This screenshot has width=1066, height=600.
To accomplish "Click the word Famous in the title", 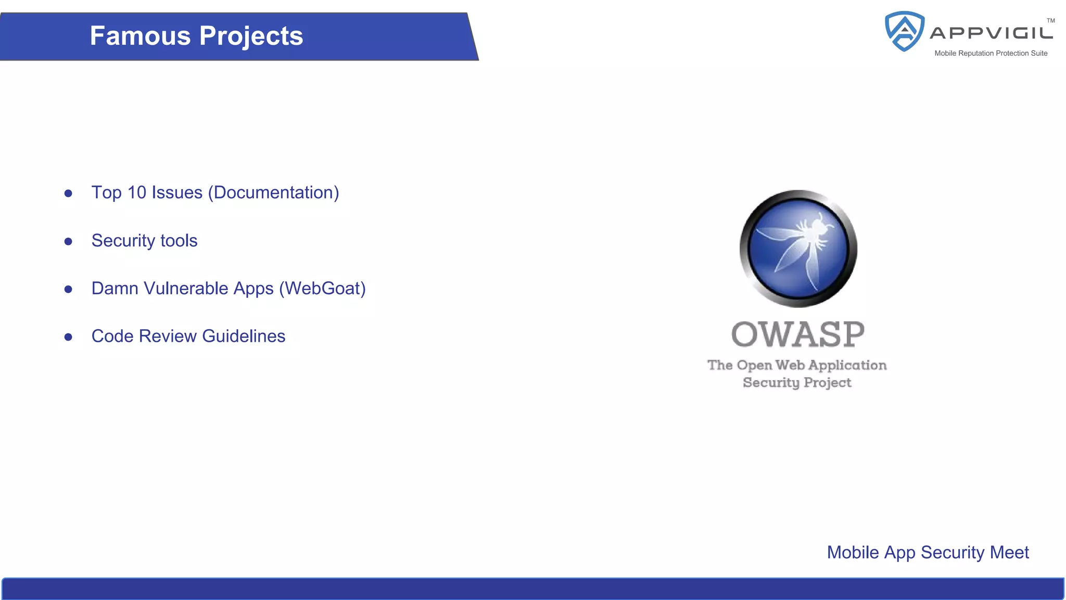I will pyautogui.click(x=140, y=36).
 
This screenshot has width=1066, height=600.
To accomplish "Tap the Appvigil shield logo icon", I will pyautogui.click(x=905, y=31).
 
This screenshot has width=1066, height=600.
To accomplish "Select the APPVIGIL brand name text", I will pyautogui.click(x=991, y=33).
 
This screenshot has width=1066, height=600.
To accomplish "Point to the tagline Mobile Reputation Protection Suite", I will pyautogui.click(x=991, y=53).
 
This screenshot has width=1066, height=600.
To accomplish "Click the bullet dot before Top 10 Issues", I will pyautogui.click(x=68, y=194).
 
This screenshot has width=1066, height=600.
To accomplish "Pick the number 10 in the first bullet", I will pyautogui.click(x=137, y=193).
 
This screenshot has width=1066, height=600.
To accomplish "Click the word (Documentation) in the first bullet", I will pyautogui.click(x=273, y=193).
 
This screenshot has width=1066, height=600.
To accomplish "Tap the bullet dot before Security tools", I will pyautogui.click(x=68, y=242).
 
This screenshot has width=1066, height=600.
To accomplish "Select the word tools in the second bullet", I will pyautogui.click(x=179, y=241).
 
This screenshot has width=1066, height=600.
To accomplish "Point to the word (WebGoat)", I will pyautogui.click(x=322, y=289).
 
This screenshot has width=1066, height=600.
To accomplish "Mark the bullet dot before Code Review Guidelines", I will pyautogui.click(x=68, y=337).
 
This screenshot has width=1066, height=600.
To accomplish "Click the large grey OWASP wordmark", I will pyautogui.click(x=797, y=334).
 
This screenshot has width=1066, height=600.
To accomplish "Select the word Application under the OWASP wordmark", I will pyautogui.click(x=847, y=365).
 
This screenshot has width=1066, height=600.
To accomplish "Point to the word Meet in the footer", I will pyautogui.click(x=1009, y=553).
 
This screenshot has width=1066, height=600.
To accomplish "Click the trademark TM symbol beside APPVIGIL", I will pyautogui.click(x=1050, y=21).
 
